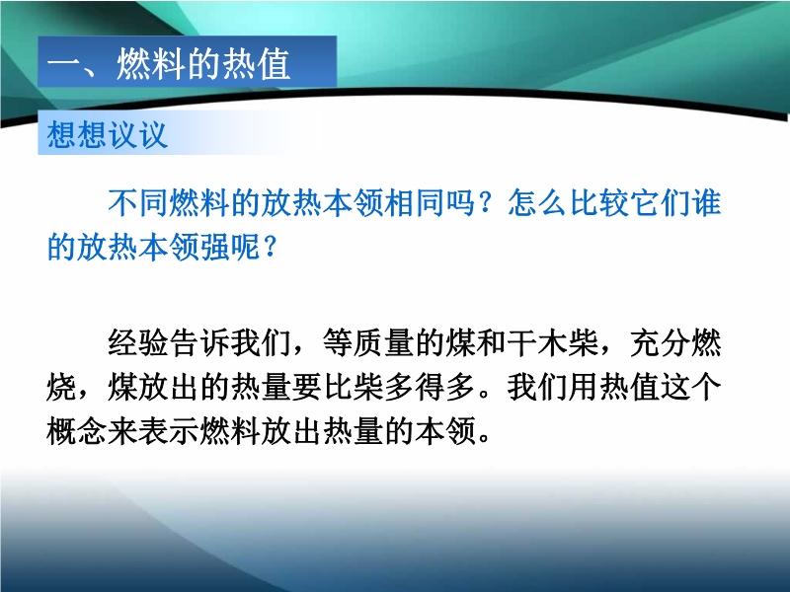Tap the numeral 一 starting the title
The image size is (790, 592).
pos(64,64)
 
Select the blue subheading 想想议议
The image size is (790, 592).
pos(107,134)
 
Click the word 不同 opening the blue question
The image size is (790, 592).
pos(138,203)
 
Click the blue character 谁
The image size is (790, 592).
pos(707,203)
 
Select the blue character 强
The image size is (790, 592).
pos(214,248)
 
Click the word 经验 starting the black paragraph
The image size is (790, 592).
pos(138,343)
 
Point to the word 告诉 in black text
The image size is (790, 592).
pos(199,343)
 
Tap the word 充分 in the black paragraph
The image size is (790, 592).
pos(661,343)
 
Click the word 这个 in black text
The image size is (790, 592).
pos(691,387)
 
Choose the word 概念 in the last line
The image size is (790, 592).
pos(77,431)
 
